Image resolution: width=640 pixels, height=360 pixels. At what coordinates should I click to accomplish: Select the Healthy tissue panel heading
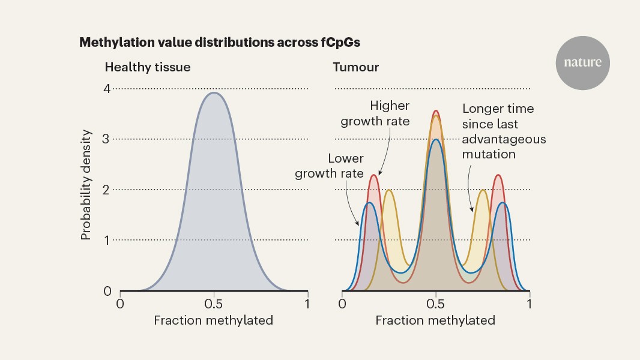point(148,67)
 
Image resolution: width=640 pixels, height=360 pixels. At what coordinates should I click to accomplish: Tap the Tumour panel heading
point(356,67)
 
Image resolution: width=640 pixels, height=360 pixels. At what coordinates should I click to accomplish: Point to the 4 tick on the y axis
point(107,89)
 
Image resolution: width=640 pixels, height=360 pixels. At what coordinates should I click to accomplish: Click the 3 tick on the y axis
point(107,139)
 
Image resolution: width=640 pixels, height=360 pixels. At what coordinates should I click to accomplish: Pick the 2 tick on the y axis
point(107,190)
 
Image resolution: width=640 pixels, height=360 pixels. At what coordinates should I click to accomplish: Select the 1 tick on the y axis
point(107,240)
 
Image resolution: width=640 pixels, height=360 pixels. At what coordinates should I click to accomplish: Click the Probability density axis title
point(86,185)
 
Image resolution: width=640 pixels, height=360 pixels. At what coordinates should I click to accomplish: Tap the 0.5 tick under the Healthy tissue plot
point(214,304)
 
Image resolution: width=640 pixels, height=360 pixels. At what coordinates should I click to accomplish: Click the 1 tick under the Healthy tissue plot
point(307,304)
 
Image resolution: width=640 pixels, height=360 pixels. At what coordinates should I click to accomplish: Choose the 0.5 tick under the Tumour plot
point(436,304)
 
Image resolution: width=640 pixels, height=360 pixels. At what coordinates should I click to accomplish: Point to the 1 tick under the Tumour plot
point(530,304)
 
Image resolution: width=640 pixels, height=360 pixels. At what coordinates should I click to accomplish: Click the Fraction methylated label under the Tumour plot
point(435,320)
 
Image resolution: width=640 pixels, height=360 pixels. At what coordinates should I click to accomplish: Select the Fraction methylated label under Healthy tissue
point(213,320)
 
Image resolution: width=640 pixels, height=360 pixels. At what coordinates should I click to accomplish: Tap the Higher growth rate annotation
point(375,113)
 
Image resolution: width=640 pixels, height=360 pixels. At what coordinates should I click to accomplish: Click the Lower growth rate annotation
point(346,166)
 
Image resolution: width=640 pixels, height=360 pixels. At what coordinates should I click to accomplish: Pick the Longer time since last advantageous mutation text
point(504,131)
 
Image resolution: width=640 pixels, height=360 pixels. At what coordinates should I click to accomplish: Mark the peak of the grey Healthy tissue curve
point(214,93)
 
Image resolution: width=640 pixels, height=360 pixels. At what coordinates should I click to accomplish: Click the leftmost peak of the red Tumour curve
point(374,175)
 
